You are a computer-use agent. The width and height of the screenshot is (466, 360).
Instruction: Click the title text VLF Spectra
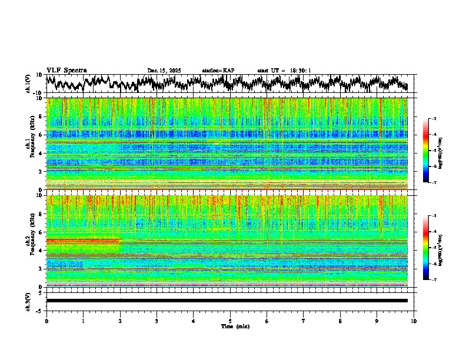67,71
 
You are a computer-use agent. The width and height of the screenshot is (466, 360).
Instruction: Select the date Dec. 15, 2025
164,71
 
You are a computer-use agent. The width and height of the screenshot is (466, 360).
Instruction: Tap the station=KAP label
218,71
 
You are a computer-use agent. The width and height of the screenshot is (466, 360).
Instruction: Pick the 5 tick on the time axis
230,321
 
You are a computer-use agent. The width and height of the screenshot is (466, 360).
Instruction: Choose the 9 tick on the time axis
377,321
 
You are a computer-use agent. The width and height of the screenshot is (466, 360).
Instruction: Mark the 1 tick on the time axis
83,321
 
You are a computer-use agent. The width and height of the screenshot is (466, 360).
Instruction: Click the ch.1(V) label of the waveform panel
28,83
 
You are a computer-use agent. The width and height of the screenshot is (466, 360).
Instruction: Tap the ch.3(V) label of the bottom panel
28,300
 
